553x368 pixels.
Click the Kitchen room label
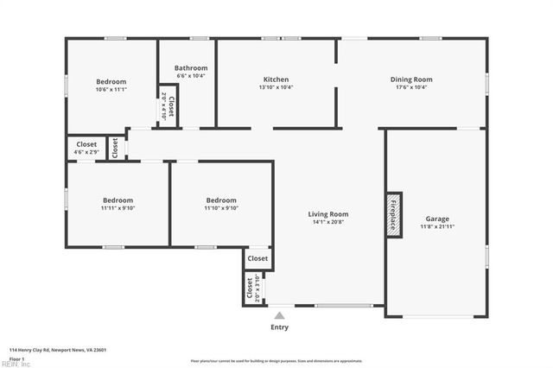276,79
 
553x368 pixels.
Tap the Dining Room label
411,79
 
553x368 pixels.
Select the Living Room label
328,214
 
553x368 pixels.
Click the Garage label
437,219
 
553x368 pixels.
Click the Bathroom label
191,68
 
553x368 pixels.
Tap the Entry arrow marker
279,314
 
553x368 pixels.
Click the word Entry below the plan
279,327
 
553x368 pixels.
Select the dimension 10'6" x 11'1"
111,89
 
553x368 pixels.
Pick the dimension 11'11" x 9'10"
118,208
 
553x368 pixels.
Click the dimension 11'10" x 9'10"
220,208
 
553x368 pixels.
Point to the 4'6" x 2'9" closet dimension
86,153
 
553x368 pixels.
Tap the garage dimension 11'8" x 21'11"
437,226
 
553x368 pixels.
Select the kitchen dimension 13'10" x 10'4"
276,87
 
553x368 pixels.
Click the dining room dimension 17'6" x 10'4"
411,87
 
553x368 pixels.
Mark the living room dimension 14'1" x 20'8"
328,222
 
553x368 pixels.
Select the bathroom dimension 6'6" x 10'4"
191,76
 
